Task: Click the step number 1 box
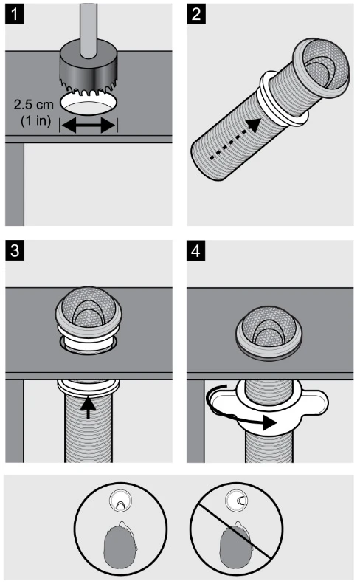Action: point(15,15)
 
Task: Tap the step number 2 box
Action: point(195,15)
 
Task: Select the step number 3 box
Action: point(15,250)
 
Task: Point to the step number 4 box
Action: point(195,250)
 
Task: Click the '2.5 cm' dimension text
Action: point(34,104)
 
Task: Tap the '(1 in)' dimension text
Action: point(35,120)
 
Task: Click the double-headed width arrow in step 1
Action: point(89,126)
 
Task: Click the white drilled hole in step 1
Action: point(89,104)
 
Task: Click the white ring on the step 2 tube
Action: point(283,100)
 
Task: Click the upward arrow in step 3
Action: point(89,407)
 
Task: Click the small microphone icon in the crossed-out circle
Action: point(236,501)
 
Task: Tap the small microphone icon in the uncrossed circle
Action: point(120,501)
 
